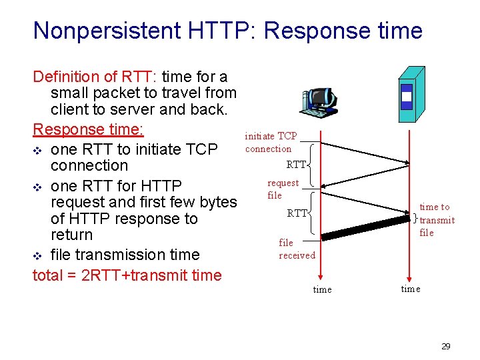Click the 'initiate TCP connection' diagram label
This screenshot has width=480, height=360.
270,142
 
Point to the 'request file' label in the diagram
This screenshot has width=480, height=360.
282,189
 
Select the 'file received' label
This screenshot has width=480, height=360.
297,249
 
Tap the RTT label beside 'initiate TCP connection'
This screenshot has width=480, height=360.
296,164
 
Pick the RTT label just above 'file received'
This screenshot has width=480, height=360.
297,213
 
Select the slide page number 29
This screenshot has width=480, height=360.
446,346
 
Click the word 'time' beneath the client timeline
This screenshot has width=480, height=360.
322,289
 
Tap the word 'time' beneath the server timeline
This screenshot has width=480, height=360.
410,288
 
